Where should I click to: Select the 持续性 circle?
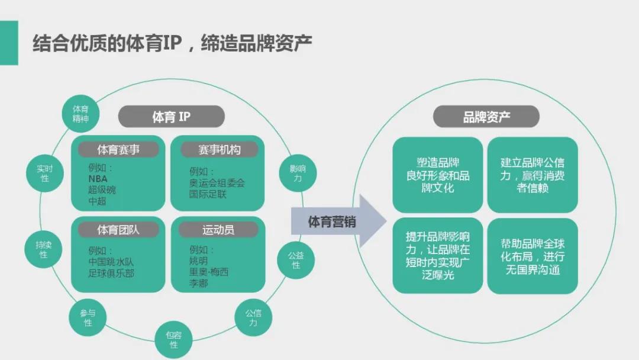click(43, 249)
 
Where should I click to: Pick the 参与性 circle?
click(88, 317)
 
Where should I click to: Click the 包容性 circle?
click(174, 339)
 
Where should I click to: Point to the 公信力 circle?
click(253, 318)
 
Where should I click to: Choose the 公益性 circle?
click(296, 260)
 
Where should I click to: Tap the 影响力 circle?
click(297, 173)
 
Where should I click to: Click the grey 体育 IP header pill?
click(171, 117)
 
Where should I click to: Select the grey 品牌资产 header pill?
click(486, 117)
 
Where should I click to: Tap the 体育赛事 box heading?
click(118, 149)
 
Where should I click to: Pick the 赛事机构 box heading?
click(219, 149)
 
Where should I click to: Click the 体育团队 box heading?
click(118, 230)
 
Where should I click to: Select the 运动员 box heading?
click(218, 230)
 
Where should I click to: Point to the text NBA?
click(98, 178)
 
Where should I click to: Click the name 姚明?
click(199, 261)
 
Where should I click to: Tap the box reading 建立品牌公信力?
click(532, 175)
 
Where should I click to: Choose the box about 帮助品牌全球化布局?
click(532, 256)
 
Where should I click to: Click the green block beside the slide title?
click(9, 43)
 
